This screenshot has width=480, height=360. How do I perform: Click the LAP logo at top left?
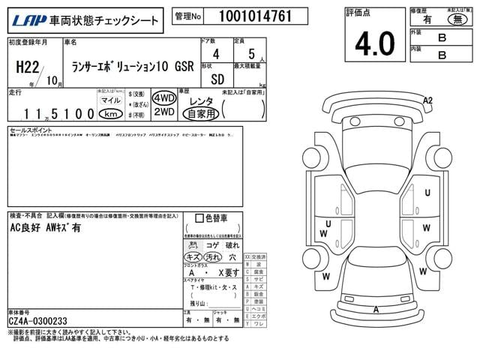28,20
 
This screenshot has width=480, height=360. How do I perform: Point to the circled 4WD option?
163,98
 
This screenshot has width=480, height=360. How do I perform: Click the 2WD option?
163,112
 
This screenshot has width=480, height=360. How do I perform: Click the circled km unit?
110,114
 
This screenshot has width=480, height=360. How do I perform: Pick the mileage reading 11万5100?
52,114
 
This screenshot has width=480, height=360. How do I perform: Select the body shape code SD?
216,77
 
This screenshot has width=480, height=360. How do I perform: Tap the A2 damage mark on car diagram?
427,100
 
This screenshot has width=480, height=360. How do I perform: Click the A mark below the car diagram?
375,309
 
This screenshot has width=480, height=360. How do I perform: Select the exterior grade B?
442,36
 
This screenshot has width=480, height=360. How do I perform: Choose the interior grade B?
442,54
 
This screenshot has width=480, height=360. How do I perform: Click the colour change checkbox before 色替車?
199,218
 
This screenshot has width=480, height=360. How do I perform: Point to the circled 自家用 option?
202,114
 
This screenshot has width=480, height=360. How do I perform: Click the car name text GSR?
184,64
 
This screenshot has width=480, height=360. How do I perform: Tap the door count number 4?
216,54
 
